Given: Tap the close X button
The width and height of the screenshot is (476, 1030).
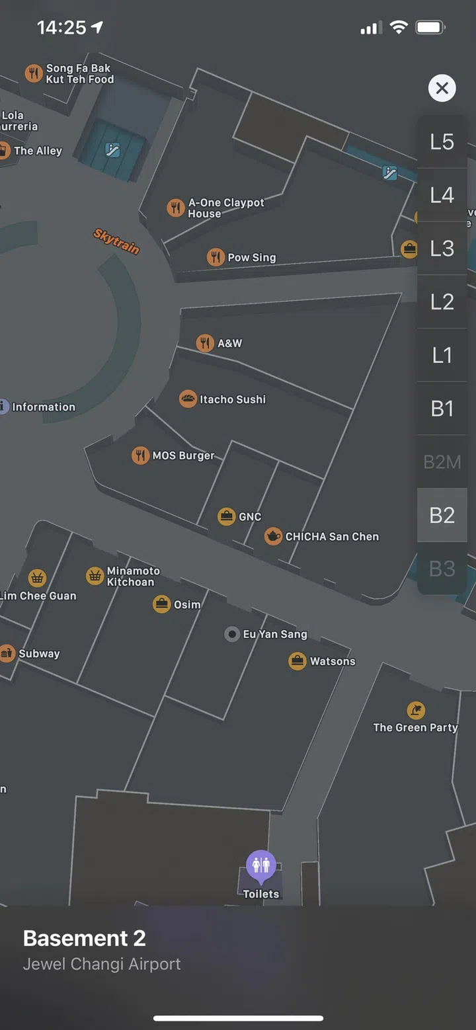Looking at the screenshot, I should click(442, 88).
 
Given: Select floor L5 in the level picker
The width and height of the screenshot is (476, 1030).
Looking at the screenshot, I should click(442, 141).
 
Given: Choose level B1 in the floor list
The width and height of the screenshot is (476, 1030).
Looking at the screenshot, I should click(442, 409).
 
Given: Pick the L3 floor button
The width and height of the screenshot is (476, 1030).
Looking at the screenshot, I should click(442, 249).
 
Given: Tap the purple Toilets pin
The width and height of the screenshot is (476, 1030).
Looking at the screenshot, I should click(261, 865).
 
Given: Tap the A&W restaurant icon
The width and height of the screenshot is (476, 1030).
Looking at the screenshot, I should click(205, 343).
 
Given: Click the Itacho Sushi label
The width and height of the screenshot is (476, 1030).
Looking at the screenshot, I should click(233, 399).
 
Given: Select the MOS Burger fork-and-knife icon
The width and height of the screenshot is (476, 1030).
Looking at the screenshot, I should click(140, 456).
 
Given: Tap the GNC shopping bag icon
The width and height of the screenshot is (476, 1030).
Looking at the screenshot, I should click(227, 516).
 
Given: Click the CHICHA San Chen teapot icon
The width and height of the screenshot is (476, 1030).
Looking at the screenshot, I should click(273, 536).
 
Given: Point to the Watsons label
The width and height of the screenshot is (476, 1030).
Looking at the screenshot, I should click(333, 661).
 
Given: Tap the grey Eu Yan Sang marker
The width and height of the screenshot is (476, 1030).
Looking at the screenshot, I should click(232, 635).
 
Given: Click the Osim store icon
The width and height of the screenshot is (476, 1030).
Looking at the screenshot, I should click(161, 604).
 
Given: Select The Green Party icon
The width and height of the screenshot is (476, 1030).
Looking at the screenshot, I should click(416, 711).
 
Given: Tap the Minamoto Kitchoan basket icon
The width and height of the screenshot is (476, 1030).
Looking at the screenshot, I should click(95, 576).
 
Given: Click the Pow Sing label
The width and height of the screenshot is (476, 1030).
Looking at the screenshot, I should click(251, 257).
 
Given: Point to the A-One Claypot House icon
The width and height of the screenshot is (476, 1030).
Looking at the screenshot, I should click(175, 208).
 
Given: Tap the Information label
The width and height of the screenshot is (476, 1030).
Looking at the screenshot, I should click(44, 407).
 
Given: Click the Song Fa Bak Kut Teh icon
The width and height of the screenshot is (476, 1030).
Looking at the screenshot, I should click(34, 73).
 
